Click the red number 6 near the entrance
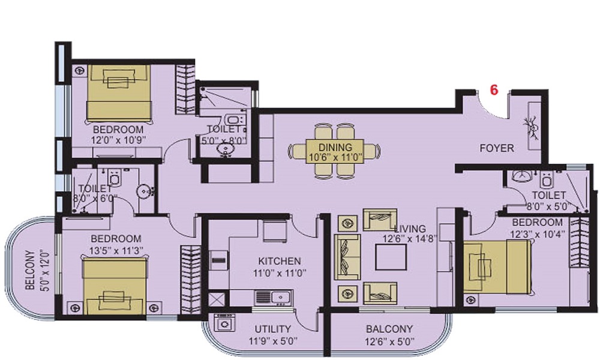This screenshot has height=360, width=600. point(494,91)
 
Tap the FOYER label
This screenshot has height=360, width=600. point(496,148)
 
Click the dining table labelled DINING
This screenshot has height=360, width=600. point(334,151)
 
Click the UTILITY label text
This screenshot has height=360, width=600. point(272,329)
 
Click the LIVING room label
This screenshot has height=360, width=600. point(410,229)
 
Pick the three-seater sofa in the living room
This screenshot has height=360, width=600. point(344,257)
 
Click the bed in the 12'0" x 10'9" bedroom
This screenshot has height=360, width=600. point(119,93)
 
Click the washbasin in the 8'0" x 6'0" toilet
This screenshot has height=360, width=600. point(143,192)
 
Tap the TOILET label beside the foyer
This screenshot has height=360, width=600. point(548,195)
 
